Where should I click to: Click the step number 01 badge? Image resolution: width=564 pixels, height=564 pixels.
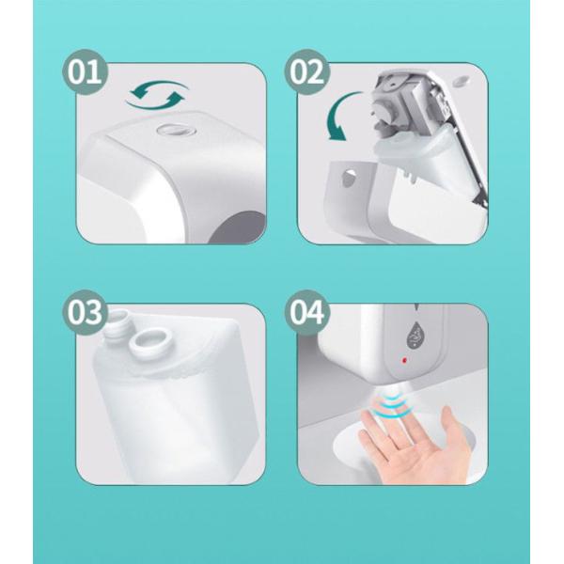85,72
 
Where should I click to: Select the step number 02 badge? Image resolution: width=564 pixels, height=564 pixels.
306,72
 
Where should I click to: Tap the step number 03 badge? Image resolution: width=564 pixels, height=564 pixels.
85,313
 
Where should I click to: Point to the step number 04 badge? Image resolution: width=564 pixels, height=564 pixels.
306,313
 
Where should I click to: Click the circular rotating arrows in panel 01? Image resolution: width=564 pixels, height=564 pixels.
157,95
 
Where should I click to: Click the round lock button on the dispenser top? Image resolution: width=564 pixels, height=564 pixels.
174,130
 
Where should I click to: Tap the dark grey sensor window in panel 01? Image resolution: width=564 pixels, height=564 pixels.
238,227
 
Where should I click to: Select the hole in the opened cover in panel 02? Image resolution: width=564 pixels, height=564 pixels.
349,177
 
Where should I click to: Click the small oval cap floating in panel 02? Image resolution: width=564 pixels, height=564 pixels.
462,81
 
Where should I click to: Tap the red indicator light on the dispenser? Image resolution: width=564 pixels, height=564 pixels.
404,360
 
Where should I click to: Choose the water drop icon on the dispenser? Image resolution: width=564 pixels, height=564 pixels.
415,335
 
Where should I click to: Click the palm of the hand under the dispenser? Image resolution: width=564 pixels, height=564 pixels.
427,457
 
